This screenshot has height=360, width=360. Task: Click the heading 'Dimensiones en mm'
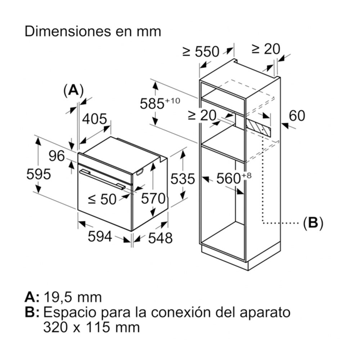click(93, 32)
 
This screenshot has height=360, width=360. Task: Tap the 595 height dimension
click(39, 175)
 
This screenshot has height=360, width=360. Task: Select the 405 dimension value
click(95, 120)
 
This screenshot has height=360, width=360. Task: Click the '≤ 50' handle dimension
click(103, 199)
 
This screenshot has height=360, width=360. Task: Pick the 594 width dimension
click(99, 237)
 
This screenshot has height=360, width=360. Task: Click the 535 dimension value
click(183, 179)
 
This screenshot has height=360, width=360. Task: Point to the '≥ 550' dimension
click(201, 52)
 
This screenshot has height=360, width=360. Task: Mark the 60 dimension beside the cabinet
click(297, 116)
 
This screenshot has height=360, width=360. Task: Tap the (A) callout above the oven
click(73, 90)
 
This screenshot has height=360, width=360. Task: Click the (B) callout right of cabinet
click(313, 223)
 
